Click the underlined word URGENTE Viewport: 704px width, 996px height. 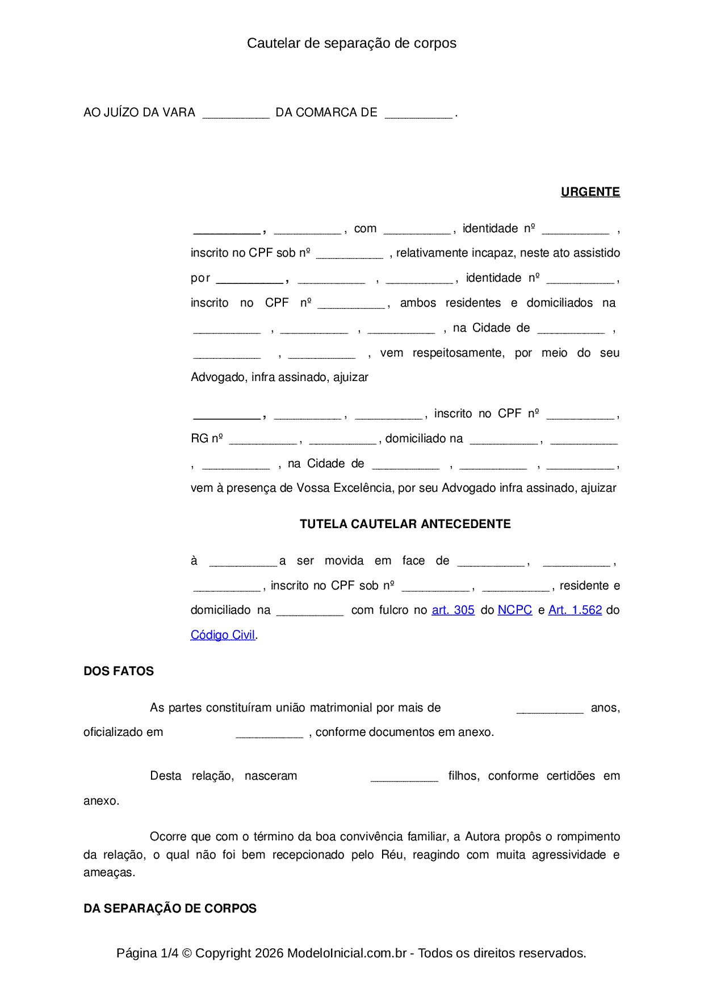point(590,192)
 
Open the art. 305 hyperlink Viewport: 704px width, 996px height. point(453,610)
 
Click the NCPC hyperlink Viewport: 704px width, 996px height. point(514,610)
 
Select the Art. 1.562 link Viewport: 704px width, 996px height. point(575,610)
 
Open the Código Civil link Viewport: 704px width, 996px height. point(223,635)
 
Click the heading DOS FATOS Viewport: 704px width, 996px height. point(119,671)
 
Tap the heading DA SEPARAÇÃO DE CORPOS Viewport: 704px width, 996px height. point(170,909)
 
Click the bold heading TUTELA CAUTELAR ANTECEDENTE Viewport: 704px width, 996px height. point(405,524)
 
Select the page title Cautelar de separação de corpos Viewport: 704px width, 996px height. point(351,43)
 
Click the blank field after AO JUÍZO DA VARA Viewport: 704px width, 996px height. point(236,114)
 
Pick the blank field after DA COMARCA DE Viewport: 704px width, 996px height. point(418,114)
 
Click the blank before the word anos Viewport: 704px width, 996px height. point(550,709)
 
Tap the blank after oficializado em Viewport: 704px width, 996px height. point(269,733)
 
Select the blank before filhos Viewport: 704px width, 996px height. point(404,777)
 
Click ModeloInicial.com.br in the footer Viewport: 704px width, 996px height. point(347,953)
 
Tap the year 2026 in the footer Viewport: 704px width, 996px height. point(269,953)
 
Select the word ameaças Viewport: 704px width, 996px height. point(109,873)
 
